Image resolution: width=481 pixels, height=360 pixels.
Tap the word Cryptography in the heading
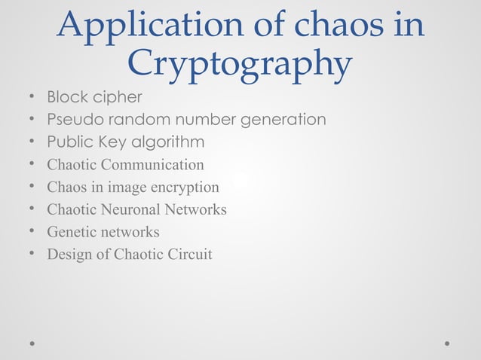(x=239, y=64)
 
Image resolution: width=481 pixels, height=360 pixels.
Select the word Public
(x=68, y=142)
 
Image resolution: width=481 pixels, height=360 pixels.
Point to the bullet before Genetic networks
(x=32, y=232)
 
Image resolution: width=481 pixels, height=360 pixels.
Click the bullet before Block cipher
(x=32, y=98)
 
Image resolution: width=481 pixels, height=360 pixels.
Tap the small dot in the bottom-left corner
(x=32, y=343)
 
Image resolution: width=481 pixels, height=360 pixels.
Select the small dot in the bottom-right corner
(x=447, y=343)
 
